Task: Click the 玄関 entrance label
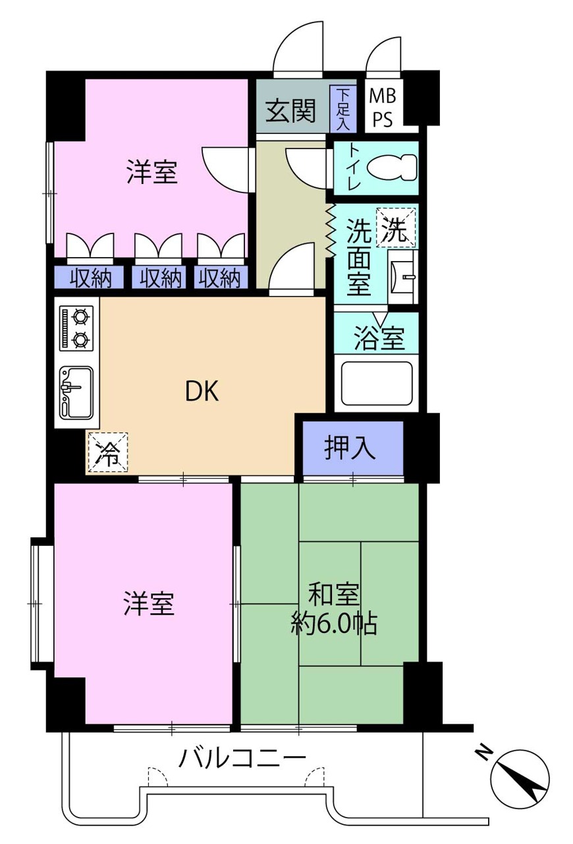tap(290, 111)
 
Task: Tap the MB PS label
tap(383, 107)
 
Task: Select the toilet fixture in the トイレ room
tap(393, 167)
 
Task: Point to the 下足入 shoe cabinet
tap(343, 109)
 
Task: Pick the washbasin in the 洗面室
tap(403, 277)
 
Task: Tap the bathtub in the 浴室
tap(377, 384)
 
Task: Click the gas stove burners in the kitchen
tap(76, 328)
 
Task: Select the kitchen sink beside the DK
tap(76, 393)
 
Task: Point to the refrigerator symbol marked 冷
tap(108, 452)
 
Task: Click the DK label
tap(202, 391)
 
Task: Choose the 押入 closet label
tap(350, 448)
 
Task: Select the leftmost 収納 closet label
tap(91, 279)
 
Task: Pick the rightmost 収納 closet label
tap(219, 279)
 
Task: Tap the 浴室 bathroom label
tap(379, 338)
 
